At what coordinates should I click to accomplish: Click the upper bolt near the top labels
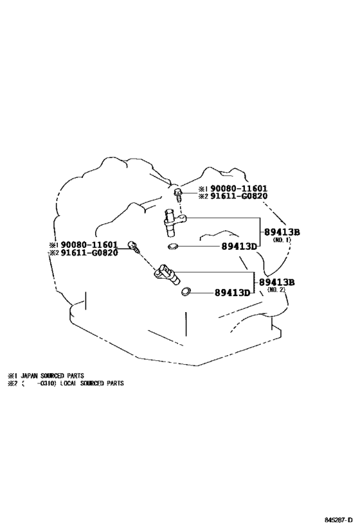pyautogui.click(x=178, y=195)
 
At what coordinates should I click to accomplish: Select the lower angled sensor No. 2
pyautogui.click(x=167, y=274)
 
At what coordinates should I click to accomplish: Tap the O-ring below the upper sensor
pyautogui.click(x=173, y=247)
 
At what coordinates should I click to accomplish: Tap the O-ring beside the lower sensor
pyautogui.click(x=185, y=292)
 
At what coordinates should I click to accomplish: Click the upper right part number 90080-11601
pyautogui.click(x=239, y=189)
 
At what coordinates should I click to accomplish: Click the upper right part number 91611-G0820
pyautogui.click(x=239, y=197)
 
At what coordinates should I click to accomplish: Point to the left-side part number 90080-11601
pyautogui.click(x=89, y=245)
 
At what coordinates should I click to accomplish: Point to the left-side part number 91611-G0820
pyautogui.click(x=89, y=252)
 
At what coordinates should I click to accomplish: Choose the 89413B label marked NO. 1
pyautogui.click(x=282, y=232)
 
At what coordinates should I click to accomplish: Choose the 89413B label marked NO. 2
pyautogui.click(x=276, y=283)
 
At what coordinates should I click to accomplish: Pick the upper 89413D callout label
pyautogui.click(x=239, y=247)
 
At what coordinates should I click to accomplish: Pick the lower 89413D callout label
pyautogui.click(x=232, y=293)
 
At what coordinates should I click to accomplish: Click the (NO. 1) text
pyautogui.click(x=282, y=240)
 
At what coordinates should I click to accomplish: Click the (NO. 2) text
pyautogui.click(x=276, y=290)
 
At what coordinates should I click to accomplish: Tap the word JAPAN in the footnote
pyautogui.click(x=29, y=376)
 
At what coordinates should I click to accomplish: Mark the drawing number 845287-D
pyautogui.click(x=339, y=520)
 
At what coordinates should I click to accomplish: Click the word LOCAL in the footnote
pyautogui.click(x=69, y=383)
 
